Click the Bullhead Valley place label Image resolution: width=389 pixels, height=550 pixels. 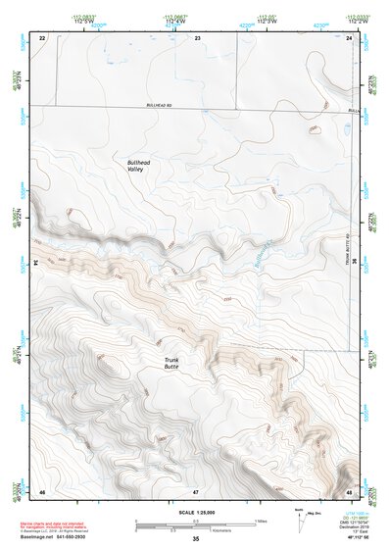[142, 166]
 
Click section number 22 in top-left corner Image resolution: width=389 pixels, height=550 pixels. [42, 37]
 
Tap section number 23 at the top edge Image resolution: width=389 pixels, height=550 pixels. [197, 37]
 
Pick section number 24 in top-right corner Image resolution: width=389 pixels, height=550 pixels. [349, 37]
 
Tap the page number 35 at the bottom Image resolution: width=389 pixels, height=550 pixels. [196, 539]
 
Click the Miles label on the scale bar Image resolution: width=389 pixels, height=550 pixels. [260, 521]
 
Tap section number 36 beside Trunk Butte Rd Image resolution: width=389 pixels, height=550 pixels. [353, 263]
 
